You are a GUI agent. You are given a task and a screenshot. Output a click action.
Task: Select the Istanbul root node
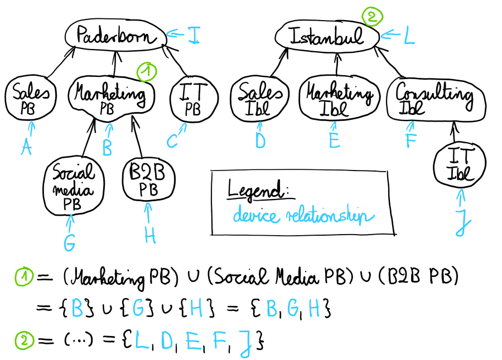(328, 37)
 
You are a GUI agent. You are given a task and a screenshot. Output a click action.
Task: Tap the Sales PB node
(30, 99)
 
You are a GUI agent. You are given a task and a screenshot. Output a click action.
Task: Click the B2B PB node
(148, 181)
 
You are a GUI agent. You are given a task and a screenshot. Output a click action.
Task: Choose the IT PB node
(193, 99)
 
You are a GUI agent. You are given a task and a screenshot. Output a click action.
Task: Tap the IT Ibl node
(460, 166)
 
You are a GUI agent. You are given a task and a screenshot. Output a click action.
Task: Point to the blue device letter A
(26, 147)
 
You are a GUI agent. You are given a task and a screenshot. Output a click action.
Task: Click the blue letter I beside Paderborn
(193, 36)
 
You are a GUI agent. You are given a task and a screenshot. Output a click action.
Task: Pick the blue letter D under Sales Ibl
(260, 142)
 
